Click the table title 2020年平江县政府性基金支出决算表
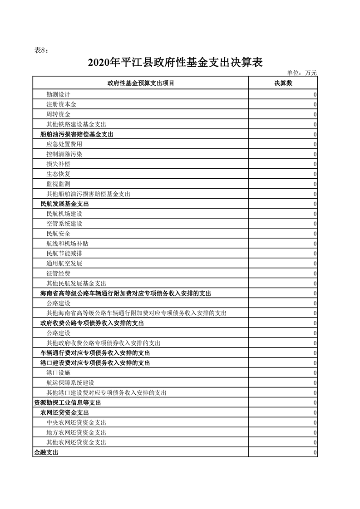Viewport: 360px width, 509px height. tap(175, 62)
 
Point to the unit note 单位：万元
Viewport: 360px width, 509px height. tap(301, 73)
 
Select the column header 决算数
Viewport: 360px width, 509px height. tap(283, 83)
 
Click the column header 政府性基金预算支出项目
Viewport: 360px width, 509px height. tap(141, 83)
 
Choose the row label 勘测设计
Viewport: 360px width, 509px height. tap(58, 94)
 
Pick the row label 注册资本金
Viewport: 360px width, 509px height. tap(61, 104)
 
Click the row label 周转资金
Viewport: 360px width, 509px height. tap(58, 114)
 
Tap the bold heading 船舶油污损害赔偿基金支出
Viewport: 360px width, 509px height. tap(76, 134)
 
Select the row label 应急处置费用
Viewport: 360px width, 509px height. tap(64, 144)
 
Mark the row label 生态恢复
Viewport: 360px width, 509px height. tap(58, 174)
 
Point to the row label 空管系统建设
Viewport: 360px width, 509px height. tap(64, 224)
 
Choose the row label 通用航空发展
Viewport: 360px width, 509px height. tap(64, 263)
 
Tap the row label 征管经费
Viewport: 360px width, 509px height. tap(58, 273)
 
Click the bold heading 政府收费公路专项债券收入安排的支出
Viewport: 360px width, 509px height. tap(92, 323)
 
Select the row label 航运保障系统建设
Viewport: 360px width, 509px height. tap(70, 382)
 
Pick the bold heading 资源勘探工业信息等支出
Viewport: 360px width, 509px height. tap(67, 402)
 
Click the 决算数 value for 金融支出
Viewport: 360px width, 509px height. tap(315, 452)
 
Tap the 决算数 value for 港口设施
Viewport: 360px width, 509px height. tap(315, 372)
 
